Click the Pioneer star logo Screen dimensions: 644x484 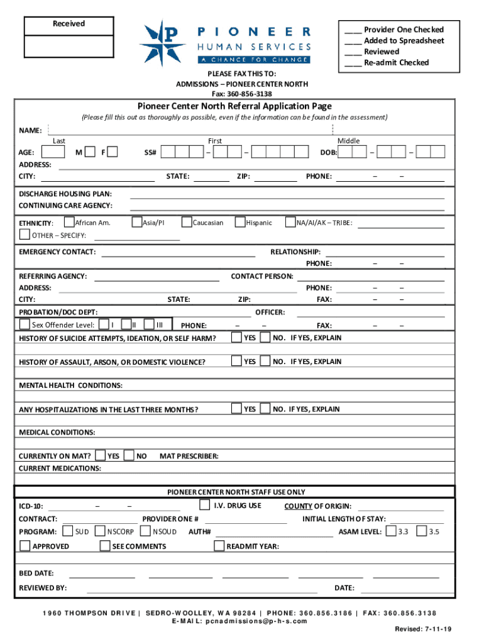point(163,43)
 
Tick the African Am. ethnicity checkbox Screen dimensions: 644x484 point(69,222)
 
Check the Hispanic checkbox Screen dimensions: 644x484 point(240,222)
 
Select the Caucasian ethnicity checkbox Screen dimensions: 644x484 point(187,222)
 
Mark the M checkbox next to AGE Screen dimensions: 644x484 point(90,152)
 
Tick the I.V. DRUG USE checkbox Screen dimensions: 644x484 point(204,505)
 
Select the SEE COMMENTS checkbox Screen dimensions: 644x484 point(105,546)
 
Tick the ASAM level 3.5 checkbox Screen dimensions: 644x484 point(422,531)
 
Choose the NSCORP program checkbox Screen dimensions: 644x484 point(100,531)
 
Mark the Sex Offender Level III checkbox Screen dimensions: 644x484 point(150,325)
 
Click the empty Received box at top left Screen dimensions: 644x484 point(69,45)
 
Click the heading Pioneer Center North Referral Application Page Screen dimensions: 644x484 point(234,106)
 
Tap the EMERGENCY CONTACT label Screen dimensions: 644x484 point(57,252)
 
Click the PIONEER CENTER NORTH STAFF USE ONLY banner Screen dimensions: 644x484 point(236,492)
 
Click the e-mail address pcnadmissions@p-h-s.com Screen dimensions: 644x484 point(239,621)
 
